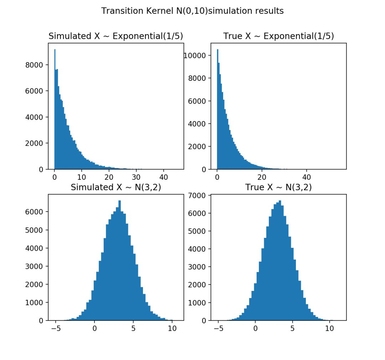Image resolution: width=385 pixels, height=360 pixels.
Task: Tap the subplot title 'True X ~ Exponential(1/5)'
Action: click(x=278, y=36)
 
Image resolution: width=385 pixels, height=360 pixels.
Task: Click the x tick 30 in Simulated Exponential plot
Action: click(x=136, y=176)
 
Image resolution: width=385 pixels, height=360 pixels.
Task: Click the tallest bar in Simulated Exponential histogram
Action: click(x=55, y=110)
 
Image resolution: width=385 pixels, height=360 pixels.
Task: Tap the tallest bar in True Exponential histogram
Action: click(x=217, y=110)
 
